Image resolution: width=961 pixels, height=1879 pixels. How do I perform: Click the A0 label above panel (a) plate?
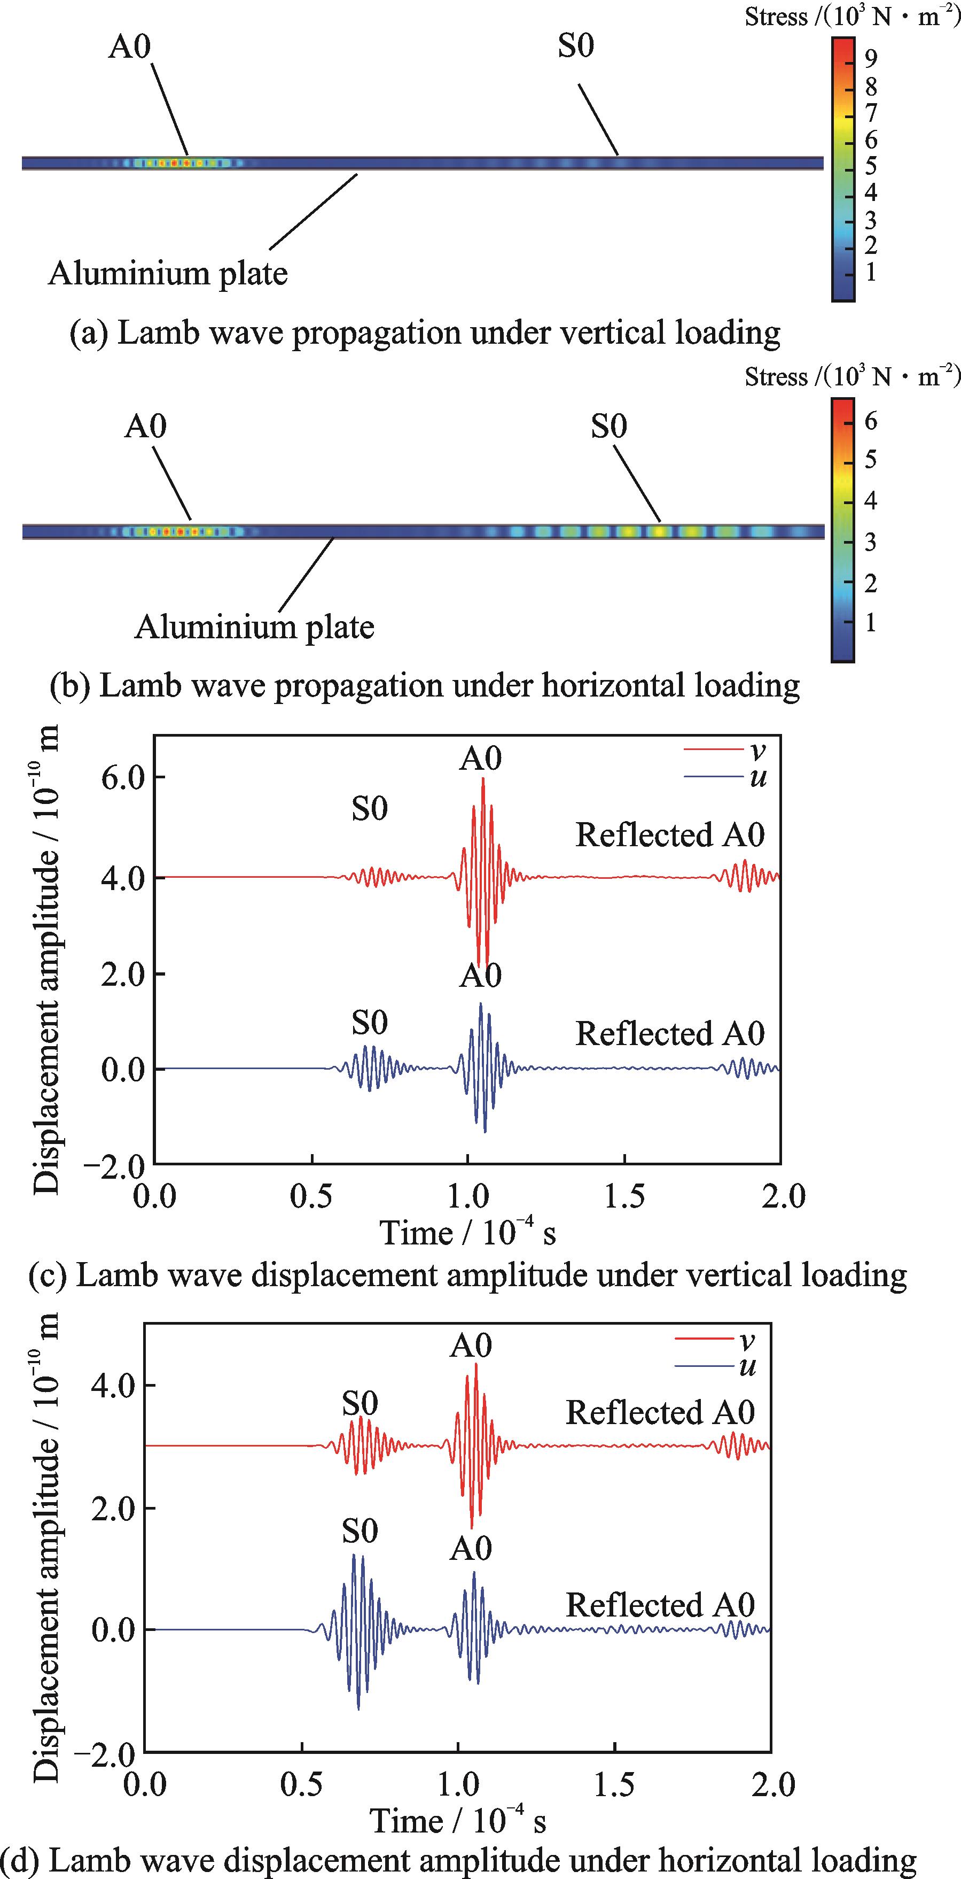pyautogui.click(x=130, y=47)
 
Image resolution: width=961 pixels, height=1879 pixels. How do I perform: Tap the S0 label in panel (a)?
pyautogui.click(x=576, y=46)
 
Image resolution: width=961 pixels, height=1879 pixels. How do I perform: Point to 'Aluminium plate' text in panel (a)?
pyautogui.click(x=168, y=274)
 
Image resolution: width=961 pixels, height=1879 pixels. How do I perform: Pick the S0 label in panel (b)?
pyautogui.click(x=609, y=427)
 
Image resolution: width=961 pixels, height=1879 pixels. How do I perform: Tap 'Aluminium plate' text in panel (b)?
pyautogui.click(x=254, y=627)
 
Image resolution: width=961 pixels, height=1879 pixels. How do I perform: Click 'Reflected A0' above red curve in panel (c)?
pyautogui.click(x=670, y=835)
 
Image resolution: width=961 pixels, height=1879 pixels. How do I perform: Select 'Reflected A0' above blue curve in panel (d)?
pyautogui.click(x=660, y=1605)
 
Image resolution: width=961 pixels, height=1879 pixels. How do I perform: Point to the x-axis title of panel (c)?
pyautogui.click(x=467, y=1233)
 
